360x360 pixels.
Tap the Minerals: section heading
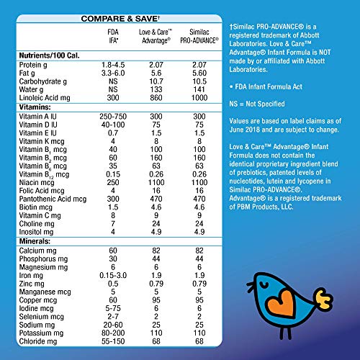pyautogui.click(x=31, y=240)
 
